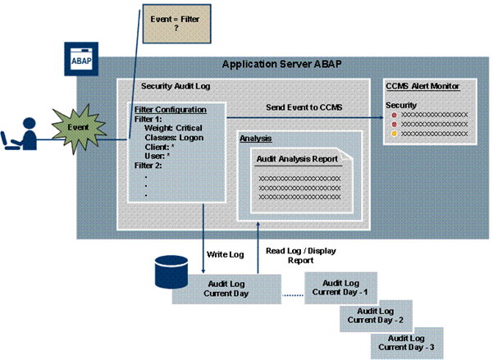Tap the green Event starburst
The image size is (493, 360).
tap(76, 127)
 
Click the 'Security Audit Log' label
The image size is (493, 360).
tap(173, 84)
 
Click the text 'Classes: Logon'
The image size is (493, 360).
tap(174, 139)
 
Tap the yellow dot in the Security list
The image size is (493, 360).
tap(394, 132)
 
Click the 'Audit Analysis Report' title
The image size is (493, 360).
tap(295, 158)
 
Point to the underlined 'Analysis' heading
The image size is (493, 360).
tap(256, 138)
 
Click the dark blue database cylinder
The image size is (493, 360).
tap(172, 269)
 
